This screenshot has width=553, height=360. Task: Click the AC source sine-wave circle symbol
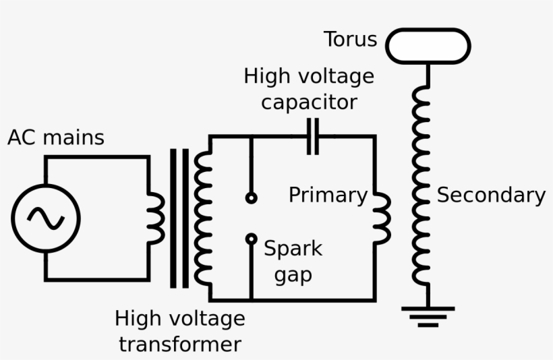point(45,218)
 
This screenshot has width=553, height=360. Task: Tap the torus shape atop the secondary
point(428,46)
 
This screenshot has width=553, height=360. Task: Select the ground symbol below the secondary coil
point(428,316)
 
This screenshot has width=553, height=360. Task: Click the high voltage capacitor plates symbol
point(313,136)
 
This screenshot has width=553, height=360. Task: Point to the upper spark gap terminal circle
point(251,198)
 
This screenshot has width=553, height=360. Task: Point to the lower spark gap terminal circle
point(251,238)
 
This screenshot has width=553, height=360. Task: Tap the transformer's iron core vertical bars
point(179,218)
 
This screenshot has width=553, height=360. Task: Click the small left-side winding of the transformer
point(156,218)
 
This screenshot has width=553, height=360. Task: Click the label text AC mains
point(56,138)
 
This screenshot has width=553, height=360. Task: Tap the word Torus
point(350,39)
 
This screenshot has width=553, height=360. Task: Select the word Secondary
point(491,195)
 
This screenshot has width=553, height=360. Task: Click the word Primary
point(328,195)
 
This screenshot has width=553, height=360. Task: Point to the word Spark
point(293,249)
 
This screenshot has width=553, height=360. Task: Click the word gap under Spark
point(293,276)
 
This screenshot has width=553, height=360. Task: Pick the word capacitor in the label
point(309,102)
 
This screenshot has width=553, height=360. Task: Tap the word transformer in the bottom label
point(179,344)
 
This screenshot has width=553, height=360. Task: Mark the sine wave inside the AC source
point(45,218)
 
